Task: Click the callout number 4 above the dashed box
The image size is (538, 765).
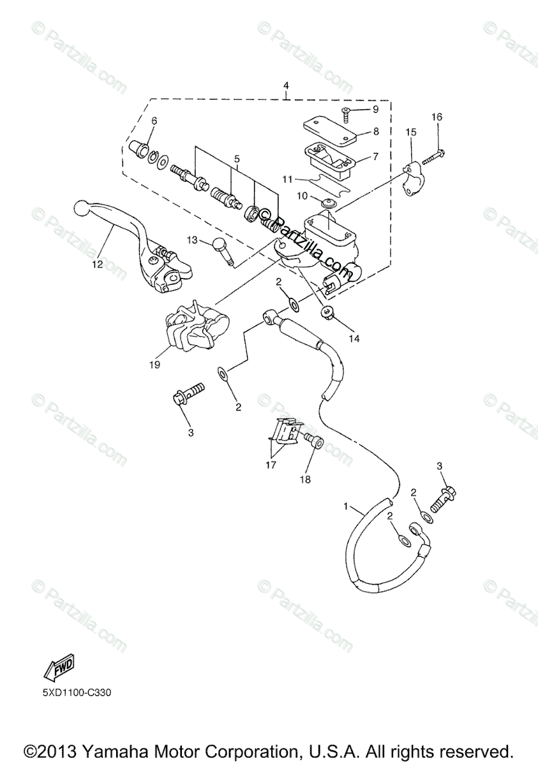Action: pos(286,85)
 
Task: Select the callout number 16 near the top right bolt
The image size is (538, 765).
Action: pos(437,117)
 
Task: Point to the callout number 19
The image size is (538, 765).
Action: pos(155,365)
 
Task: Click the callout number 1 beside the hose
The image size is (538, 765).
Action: pos(347,507)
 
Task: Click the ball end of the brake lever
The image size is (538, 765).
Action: pos(81,208)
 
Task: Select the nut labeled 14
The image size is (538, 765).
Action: pos(328,312)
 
